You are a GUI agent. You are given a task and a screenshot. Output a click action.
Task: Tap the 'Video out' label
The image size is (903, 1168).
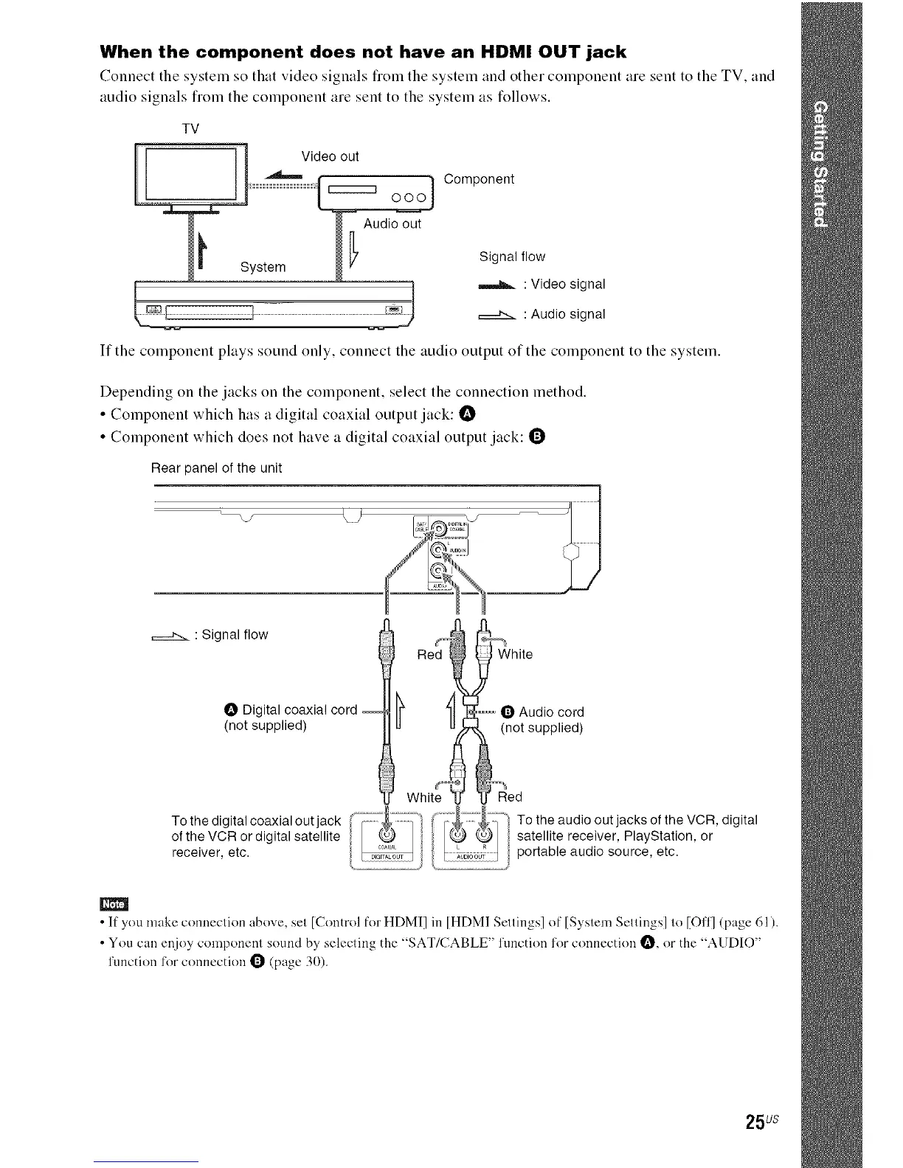point(330,156)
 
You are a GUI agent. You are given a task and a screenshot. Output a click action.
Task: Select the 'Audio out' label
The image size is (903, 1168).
point(392,223)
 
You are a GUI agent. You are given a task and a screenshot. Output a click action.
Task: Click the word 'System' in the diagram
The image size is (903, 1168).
point(263,266)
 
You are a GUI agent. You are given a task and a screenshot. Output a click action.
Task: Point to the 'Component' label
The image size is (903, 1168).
point(479,179)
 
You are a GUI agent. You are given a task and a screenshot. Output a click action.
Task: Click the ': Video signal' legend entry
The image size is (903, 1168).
point(563,284)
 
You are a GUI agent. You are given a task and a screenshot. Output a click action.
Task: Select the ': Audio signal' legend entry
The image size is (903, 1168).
point(564,314)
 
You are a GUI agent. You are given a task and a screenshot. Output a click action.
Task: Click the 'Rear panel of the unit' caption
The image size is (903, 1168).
point(216,468)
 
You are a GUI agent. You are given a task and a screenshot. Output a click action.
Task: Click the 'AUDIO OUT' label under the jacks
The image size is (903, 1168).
point(470,857)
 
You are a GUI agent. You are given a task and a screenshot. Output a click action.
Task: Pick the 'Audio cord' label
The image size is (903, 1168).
point(551,712)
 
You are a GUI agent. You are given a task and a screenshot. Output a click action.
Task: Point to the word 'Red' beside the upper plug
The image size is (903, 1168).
point(429,654)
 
